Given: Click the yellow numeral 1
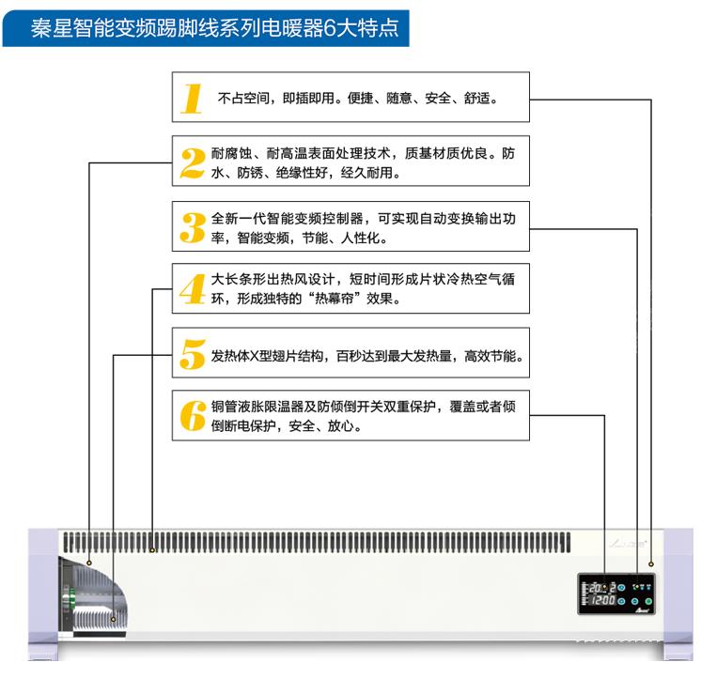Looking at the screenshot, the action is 192,99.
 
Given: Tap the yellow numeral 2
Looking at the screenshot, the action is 193,163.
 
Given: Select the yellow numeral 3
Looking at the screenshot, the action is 193,227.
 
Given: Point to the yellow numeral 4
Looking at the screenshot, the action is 193,289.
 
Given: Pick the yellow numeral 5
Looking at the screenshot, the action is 193,354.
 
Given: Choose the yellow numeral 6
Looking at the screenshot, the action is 193,416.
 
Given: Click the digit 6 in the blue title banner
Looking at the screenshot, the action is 330,28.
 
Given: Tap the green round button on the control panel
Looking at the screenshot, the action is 648,601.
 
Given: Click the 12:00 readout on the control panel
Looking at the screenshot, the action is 603,600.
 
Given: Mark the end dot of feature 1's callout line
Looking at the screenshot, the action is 651,564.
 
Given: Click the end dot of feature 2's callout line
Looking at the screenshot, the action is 89,562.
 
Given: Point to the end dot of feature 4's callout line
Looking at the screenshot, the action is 152,549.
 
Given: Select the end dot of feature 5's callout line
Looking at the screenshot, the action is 113,619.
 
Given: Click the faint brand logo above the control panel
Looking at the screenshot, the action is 628,544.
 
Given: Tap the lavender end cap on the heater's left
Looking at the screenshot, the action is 43,594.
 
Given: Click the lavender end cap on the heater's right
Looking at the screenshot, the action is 678,594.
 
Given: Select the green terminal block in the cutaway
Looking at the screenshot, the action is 70,597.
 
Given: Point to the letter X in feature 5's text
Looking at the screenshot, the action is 254,356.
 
